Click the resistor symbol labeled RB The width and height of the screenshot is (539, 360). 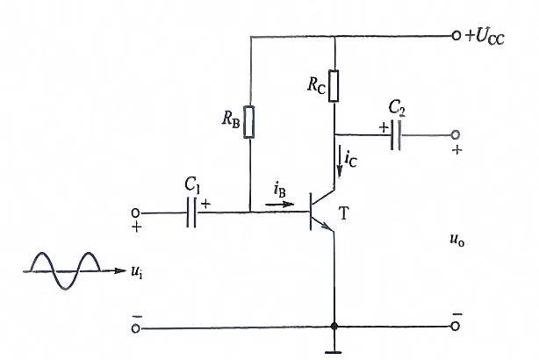coord(249,122)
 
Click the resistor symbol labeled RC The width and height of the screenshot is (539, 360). coord(334,86)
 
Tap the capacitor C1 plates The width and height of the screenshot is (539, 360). coord(192,212)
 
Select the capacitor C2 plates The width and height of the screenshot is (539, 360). coord(396,135)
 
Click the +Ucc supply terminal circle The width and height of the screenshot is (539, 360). coord(456,35)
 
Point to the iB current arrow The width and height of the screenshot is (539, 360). coord(280,205)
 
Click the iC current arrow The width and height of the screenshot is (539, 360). coord(340,162)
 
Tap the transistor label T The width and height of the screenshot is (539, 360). coord(343,213)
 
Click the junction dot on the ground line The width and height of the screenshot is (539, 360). coord(334,326)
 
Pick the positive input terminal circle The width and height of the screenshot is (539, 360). coord(135,213)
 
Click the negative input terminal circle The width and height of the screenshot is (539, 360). coord(136,328)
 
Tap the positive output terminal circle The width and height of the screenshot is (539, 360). coord(456,135)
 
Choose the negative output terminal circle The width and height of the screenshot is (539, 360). coord(456,327)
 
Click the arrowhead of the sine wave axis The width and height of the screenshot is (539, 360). coord(120,271)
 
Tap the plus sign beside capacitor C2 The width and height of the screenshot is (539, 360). coord(384,128)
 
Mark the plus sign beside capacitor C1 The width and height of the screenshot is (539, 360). coord(205,205)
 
